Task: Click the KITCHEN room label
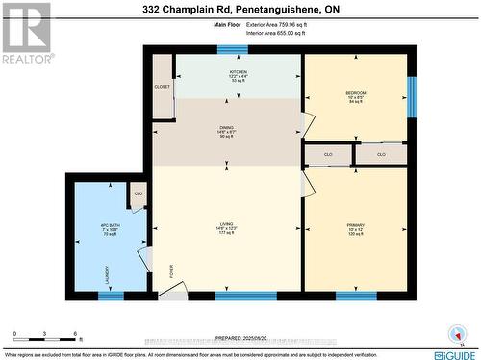[x=239, y=73]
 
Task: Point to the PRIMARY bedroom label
[x=356, y=227]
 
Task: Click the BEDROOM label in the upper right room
[x=357, y=93]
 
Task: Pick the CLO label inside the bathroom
[x=139, y=194]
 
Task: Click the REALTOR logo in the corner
[x=26, y=31]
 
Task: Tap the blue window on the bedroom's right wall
[x=412, y=94]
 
